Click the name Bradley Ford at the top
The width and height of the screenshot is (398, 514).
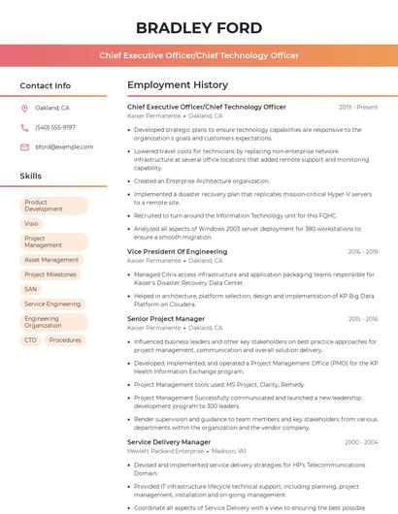[198, 27]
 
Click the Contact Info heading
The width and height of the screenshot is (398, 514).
[46, 85]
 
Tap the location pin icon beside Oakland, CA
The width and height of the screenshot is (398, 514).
[24, 108]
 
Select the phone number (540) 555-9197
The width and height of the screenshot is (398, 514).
[55, 127]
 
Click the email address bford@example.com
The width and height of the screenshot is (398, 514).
[64, 146]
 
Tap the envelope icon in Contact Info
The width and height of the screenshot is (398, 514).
[24, 146]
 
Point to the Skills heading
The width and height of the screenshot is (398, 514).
[31, 177]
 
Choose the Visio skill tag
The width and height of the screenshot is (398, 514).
[32, 223]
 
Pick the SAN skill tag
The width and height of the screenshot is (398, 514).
[31, 289]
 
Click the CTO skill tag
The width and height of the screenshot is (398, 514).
[31, 340]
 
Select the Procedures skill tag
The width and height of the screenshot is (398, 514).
[65, 340]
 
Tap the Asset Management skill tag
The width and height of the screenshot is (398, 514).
[51, 260]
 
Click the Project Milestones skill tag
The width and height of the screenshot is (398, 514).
[50, 274]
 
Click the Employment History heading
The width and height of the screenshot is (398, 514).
[178, 85]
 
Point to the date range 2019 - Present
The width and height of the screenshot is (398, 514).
[358, 107]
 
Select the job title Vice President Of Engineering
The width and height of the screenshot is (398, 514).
[177, 251]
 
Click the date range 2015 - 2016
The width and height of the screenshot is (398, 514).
[363, 319]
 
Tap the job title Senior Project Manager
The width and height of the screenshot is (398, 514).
[166, 319]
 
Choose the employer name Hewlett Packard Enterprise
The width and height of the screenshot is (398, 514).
[166, 451]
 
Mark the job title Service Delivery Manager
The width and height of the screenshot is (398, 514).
[169, 441]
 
